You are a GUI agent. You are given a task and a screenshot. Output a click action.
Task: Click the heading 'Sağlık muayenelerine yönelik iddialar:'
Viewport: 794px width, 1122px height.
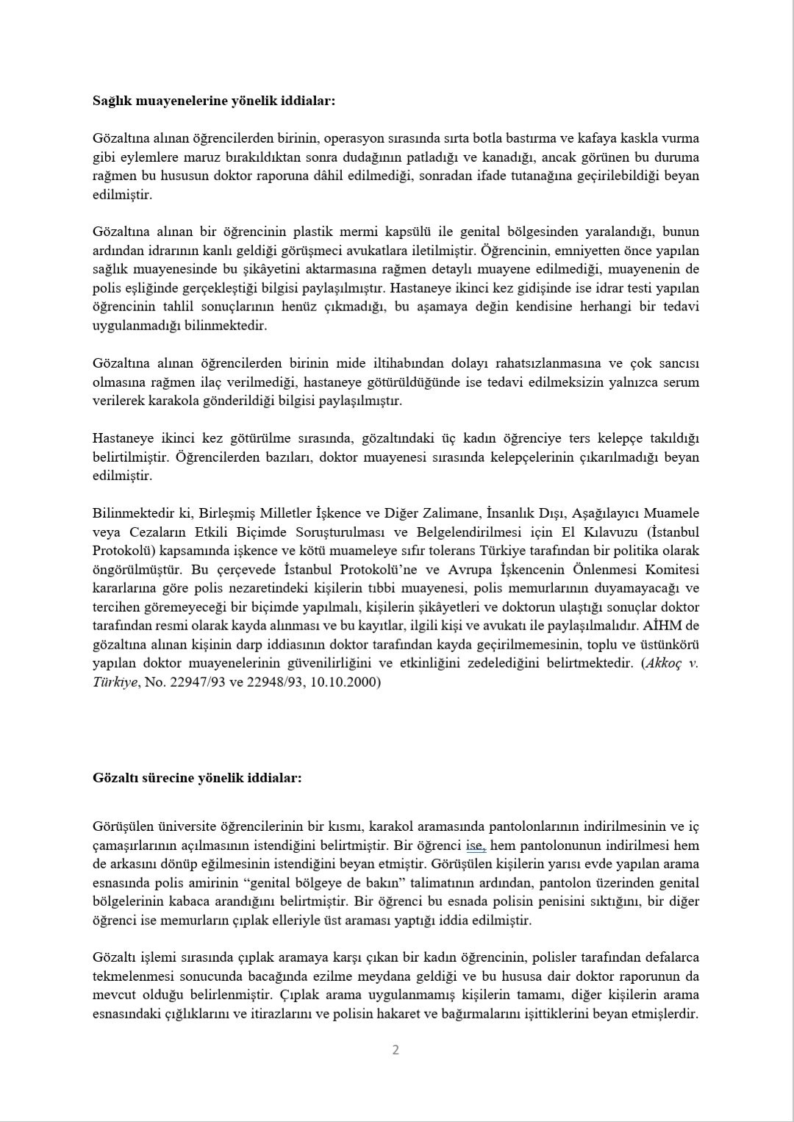[214, 101]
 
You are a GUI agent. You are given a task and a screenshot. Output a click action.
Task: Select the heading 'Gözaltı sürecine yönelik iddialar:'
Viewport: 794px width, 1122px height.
[197, 777]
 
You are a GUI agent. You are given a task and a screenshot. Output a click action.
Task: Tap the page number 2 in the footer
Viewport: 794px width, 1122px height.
[396, 1049]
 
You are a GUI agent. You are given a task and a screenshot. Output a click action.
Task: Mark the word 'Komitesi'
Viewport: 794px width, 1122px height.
[672, 570]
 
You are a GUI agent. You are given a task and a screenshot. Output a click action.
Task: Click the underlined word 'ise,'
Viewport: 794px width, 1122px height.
[476, 846]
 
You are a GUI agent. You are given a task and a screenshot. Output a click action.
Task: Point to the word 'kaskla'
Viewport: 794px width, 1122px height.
[619, 138]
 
